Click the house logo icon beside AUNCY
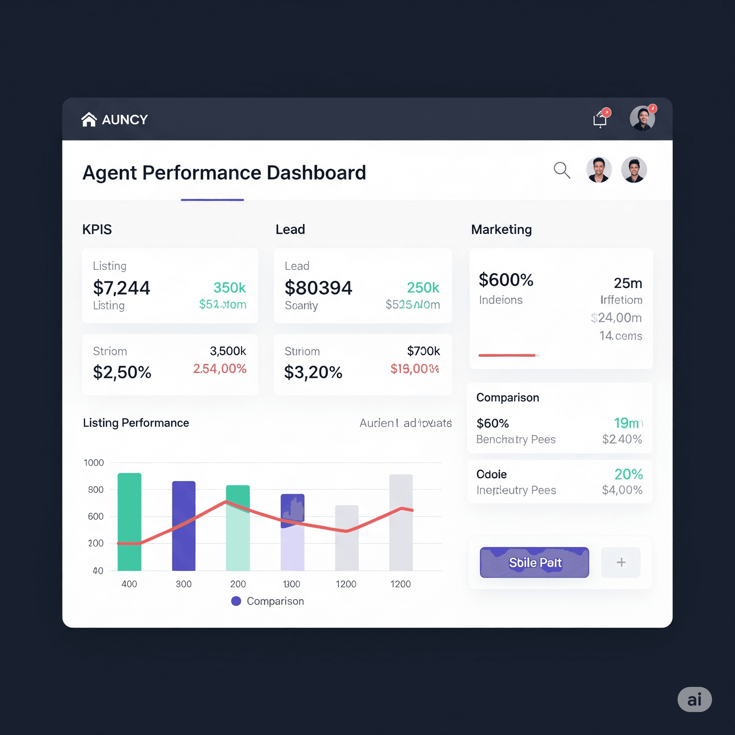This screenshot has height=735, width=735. click(89, 120)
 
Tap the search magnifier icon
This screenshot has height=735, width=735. click(562, 170)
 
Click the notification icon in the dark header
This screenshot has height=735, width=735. click(600, 119)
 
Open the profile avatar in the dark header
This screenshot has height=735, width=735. click(642, 118)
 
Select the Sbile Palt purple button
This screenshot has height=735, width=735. click(534, 562)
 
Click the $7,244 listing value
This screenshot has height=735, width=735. click(121, 287)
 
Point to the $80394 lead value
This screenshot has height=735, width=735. click(318, 287)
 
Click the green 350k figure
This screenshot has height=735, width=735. click(229, 287)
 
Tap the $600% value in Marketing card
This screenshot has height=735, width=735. click(506, 280)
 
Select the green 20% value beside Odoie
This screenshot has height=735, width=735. click(628, 474)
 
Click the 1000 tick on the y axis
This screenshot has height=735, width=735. click(94, 463)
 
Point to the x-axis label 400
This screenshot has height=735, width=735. click(129, 584)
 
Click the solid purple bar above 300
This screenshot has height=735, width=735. click(184, 526)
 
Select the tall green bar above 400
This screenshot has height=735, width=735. click(129, 522)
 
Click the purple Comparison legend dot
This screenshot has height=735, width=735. click(236, 601)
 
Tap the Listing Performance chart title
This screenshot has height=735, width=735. click(136, 423)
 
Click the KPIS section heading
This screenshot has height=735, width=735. click(97, 229)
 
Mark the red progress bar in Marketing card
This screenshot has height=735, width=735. click(507, 355)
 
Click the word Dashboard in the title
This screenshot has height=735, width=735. click(316, 173)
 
